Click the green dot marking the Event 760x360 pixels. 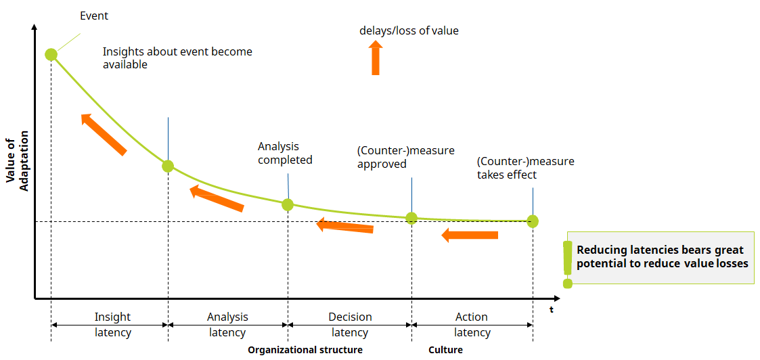tap(51, 54)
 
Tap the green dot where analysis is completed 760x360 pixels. tap(288, 204)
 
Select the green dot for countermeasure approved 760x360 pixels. tap(411, 218)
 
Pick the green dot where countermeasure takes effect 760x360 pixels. tap(533, 221)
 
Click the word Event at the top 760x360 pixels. tap(94, 15)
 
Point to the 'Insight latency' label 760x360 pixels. tap(112, 325)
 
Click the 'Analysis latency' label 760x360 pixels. tap(227, 325)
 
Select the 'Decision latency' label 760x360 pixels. tap(350, 325)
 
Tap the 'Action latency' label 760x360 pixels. tap(472, 325)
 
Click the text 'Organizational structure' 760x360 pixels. tap(305, 350)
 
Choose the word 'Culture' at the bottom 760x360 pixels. tap(445, 350)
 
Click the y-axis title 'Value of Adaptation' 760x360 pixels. tap(18, 164)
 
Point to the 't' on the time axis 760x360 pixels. tap(551, 310)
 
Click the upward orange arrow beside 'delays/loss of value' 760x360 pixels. tap(376, 58)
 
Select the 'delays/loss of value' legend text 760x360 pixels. tap(409, 30)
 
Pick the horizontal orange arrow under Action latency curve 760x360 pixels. tap(470, 235)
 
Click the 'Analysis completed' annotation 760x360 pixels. tap(285, 153)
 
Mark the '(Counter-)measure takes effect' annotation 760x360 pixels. tap(525, 168)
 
